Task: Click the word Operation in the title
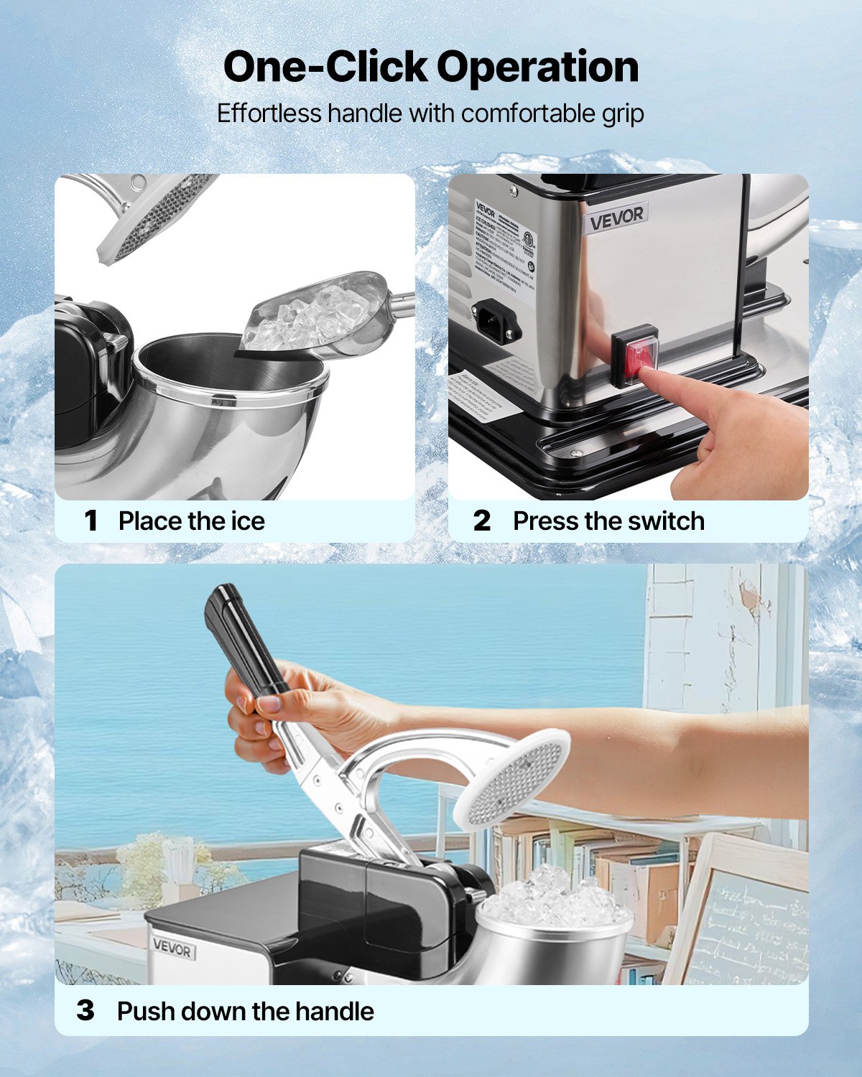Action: point(537,67)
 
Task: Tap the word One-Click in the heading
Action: point(325,67)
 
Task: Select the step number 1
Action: point(91,521)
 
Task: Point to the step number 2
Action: point(482,521)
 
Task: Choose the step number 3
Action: point(85,1011)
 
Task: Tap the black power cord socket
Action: point(496,319)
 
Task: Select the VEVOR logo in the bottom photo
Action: point(172,949)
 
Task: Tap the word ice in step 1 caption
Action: point(248,521)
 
